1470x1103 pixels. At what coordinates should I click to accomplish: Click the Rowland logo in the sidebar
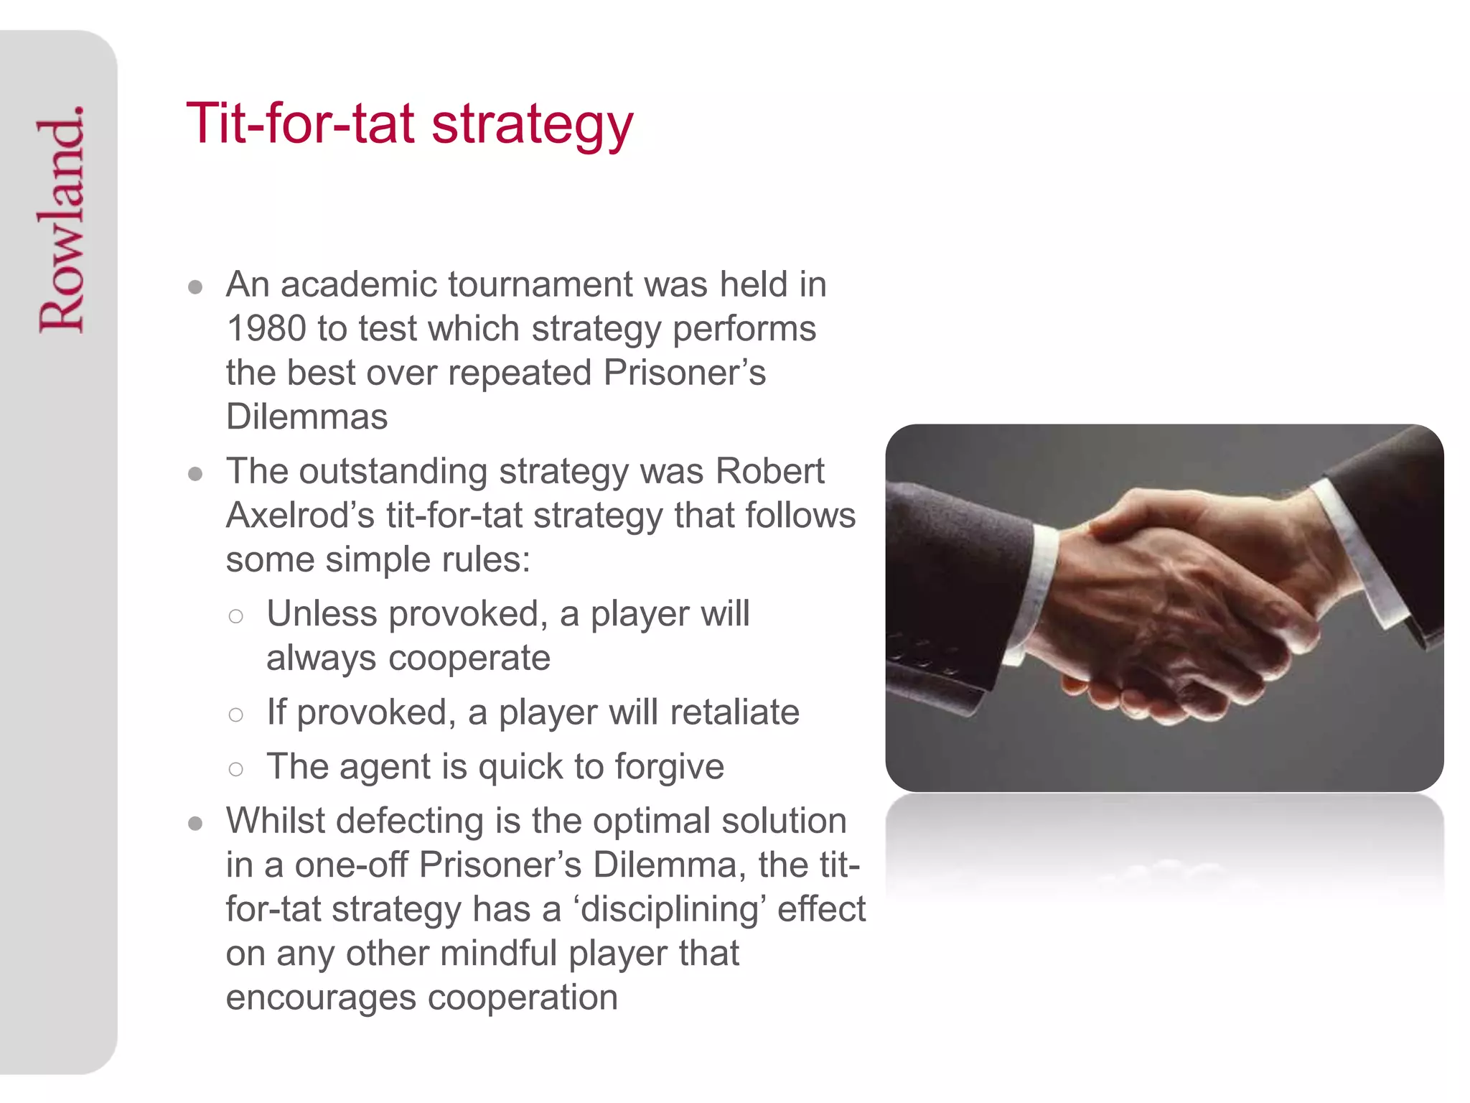tap(62, 219)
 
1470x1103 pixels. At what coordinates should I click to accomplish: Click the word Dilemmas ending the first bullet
tap(306, 417)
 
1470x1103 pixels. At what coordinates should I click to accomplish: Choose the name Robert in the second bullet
tap(769, 472)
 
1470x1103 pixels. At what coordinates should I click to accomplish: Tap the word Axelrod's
tap(300, 516)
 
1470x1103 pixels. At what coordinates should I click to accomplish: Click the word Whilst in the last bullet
tap(275, 821)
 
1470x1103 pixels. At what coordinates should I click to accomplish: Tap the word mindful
tap(499, 954)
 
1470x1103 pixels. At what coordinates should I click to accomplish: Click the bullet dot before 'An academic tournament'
tap(195, 288)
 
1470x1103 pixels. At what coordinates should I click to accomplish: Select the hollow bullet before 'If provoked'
tap(235, 715)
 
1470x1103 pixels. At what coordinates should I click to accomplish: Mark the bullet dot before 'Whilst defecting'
tap(195, 824)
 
